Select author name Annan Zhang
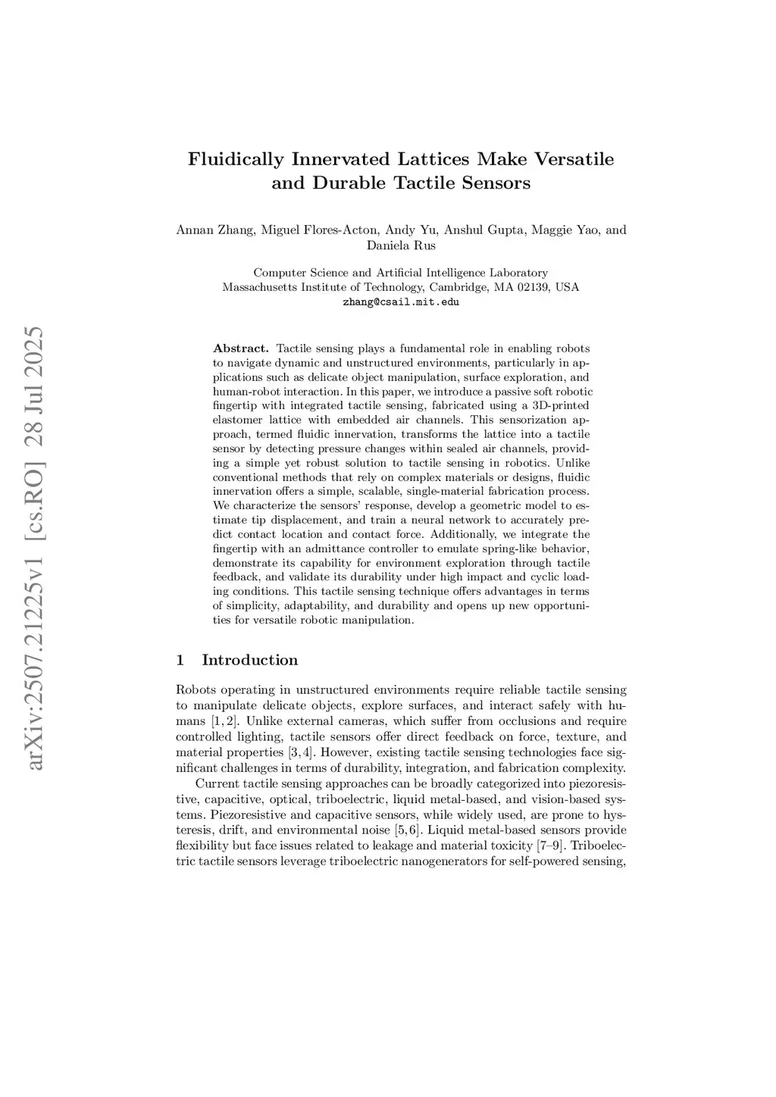214,230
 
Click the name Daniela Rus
401,245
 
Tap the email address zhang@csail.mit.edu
401,302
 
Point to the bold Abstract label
241,348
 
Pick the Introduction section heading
249,660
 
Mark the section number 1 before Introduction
180,660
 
